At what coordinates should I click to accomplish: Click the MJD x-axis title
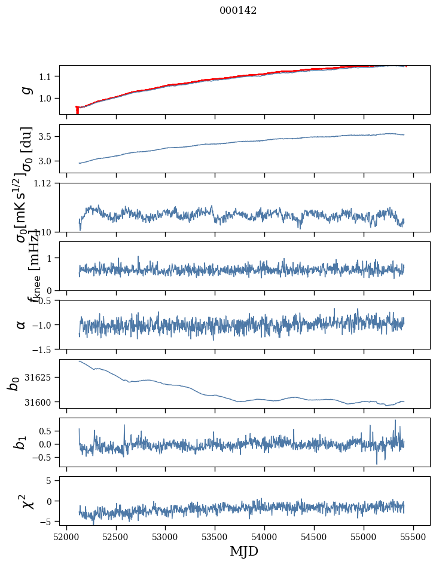[244, 551]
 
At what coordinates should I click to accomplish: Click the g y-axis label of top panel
[25, 90]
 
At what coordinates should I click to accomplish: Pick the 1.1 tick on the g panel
[47, 76]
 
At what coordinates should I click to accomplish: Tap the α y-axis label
[21, 324]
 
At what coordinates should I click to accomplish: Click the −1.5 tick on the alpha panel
[42, 349]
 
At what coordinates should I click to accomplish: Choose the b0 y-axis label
[13, 384]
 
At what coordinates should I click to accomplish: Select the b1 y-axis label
[21, 442]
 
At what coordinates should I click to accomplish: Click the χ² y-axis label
[27, 501]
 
